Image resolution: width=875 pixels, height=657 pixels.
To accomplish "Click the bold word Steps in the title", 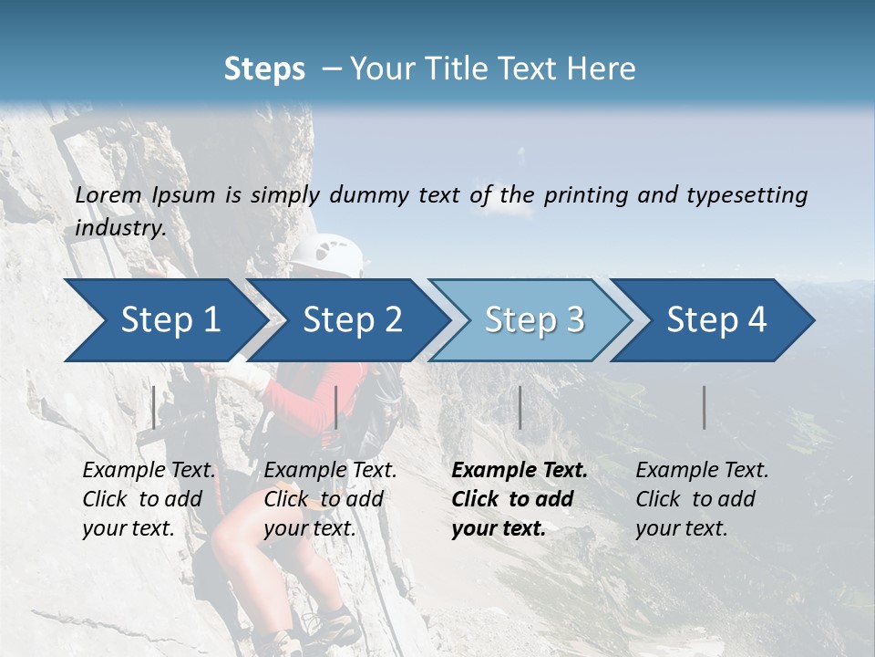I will click(x=264, y=69).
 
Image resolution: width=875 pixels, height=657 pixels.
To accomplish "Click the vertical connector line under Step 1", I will click(x=154, y=407).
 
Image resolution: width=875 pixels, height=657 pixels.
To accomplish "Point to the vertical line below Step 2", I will click(x=336, y=407).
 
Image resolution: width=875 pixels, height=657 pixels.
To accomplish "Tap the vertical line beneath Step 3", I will click(x=520, y=407).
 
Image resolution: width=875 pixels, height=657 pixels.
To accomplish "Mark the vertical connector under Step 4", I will click(x=704, y=407).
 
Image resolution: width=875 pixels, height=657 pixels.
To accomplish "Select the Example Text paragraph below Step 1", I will click(x=149, y=499).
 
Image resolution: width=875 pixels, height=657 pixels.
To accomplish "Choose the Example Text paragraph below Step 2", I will click(x=330, y=499).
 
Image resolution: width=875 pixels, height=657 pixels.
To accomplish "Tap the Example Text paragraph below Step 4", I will click(x=702, y=499).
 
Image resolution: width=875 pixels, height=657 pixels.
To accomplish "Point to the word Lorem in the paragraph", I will click(x=108, y=195).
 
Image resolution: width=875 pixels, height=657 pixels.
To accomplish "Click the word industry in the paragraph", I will click(x=119, y=228).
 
